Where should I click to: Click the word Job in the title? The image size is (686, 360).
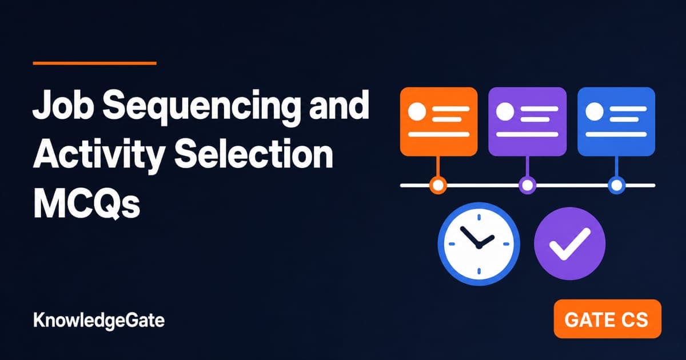point(63,104)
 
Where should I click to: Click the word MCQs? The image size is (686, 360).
point(86,203)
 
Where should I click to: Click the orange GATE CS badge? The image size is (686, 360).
point(607,319)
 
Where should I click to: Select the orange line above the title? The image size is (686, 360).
point(95,63)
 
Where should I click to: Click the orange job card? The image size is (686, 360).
point(438,122)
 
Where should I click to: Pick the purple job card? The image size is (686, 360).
point(527,122)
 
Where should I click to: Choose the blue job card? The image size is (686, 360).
point(616,122)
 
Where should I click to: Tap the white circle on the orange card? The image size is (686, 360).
point(417,111)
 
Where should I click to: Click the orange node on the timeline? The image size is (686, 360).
point(438,185)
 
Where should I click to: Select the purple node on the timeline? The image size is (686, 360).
point(527,185)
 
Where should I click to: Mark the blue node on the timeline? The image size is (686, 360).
point(616,185)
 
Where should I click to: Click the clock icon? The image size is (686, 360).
point(479,244)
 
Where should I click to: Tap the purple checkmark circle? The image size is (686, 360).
point(570,243)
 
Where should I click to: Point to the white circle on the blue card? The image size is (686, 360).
point(595,111)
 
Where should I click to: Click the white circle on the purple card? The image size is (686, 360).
point(505,111)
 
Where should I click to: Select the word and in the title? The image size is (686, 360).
point(340,105)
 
